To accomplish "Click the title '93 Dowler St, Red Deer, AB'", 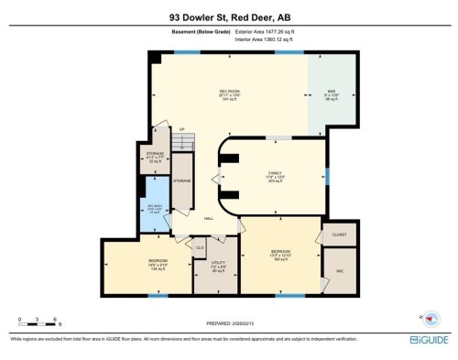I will click(x=228, y=16).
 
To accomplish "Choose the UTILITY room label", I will click(x=218, y=267).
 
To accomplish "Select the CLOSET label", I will click(x=338, y=235).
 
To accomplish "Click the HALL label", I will click(x=208, y=218).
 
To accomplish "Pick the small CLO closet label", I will click(x=200, y=246).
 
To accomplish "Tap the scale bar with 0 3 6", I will click(x=38, y=321).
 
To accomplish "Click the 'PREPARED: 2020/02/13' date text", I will click(x=228, y=322).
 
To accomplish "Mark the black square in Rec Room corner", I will click(x=156, y=57).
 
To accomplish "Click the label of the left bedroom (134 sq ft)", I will click(x=158, y=267).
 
